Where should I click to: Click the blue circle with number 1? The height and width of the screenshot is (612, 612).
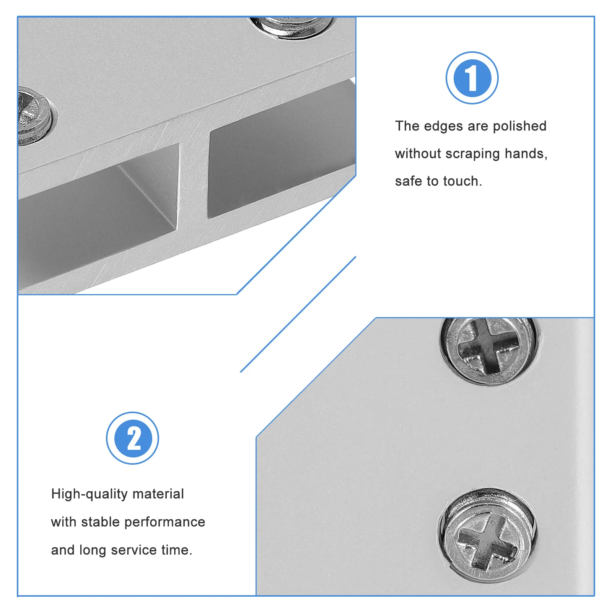pos(472,78)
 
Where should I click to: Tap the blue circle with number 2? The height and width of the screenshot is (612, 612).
pos(132,438)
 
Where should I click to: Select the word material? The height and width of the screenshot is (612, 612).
pos(158,494)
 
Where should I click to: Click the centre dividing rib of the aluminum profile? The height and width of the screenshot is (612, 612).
pos(193,180)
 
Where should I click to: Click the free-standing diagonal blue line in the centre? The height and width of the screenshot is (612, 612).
pos(298,314)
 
